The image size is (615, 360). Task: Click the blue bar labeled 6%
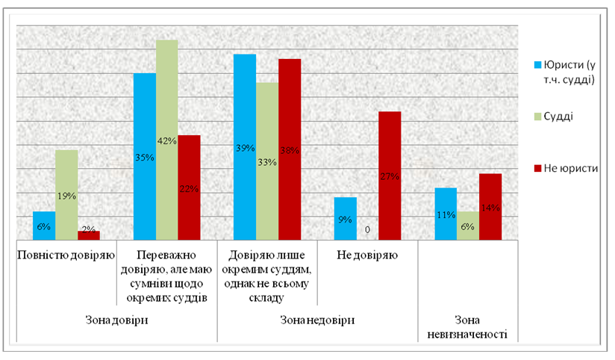[44, 226]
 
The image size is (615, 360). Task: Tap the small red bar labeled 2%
[89, 235]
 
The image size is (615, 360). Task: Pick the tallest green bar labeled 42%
[166, 140]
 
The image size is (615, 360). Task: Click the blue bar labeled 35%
[144, 156]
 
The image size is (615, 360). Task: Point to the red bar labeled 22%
[189, 187]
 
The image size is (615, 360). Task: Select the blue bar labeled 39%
[245, 146]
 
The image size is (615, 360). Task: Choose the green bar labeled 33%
[267, 161]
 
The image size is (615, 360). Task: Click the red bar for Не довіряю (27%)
[390, 176]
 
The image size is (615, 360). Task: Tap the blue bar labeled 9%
[345, 218]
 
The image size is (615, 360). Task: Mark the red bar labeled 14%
[490, 206]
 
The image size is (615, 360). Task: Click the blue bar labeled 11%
[446, 214]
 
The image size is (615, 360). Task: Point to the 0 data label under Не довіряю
[368, 230]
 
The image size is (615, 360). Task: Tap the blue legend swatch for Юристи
[536, 64]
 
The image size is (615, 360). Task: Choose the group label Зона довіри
[116, 320]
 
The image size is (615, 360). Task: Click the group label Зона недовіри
[317, 320]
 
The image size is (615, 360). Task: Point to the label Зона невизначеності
[469, 326]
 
